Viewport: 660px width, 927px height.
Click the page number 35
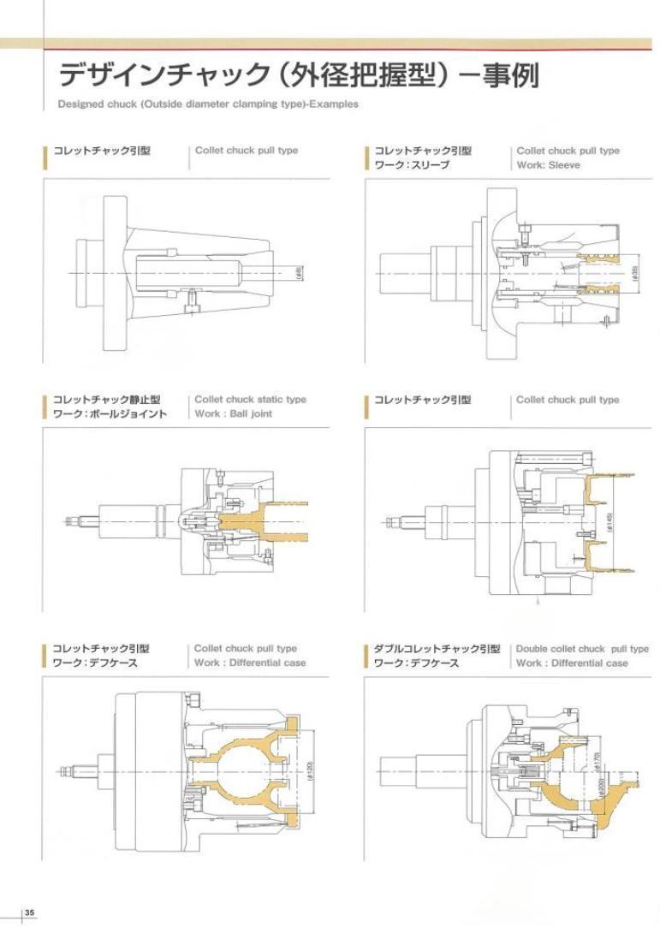[29, 912]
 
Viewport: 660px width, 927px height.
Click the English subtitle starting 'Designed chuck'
[208, 104]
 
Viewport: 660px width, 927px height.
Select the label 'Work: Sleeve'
[548, 165]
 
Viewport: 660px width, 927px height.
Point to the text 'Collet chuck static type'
[250, 400]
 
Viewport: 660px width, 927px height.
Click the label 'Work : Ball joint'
[234, 414]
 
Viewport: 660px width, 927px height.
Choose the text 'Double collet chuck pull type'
[582, 649]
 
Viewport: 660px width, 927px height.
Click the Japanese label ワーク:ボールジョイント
[110, 414]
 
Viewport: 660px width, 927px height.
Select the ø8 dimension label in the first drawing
[299, 273]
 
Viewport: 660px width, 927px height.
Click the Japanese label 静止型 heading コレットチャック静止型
[107, 400]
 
